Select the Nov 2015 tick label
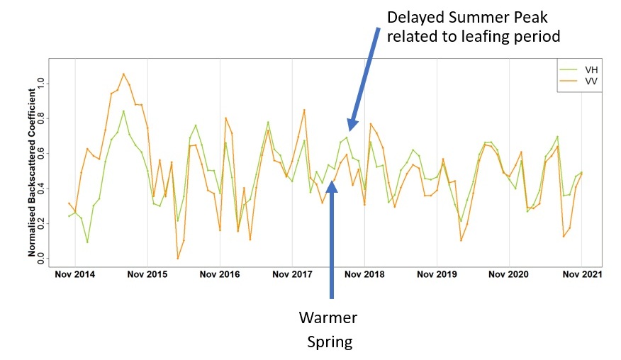pyautogui.click(x=147, y=274)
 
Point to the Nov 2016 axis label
pyautogui.click(x=220, y=274)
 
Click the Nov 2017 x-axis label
pyautogui.click(x=292, y=274)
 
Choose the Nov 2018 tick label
pyautogui.click(x=364, y=274)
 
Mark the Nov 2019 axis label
pyautogui.click(x=437, y=274)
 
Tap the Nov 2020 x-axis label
pyautogui.click(x=509, y=274)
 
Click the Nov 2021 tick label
pyautogui.click(x=581, y=274)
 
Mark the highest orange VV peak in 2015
pyautogui.click(x=123, y=74)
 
